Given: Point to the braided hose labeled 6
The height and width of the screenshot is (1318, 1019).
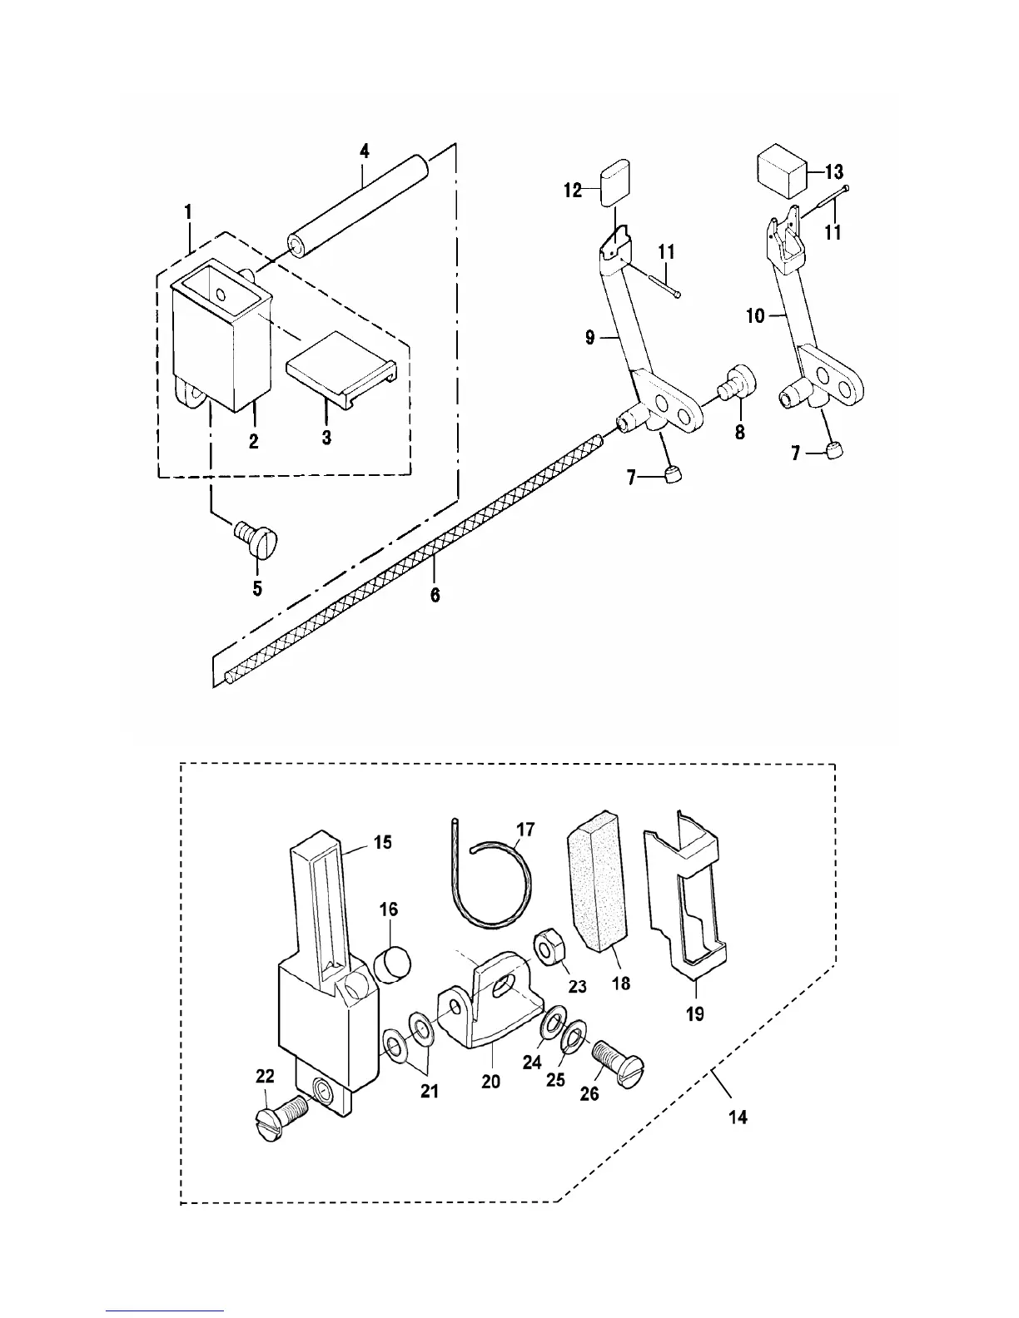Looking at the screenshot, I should pos(413,549).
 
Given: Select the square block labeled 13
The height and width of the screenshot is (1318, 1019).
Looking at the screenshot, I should pos(783,171).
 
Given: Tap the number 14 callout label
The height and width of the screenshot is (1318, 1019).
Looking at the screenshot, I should pos(738,1117).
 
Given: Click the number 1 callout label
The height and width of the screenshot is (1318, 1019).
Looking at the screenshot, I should pos(188,212).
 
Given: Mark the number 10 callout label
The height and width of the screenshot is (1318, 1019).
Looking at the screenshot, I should pos(756,317).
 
